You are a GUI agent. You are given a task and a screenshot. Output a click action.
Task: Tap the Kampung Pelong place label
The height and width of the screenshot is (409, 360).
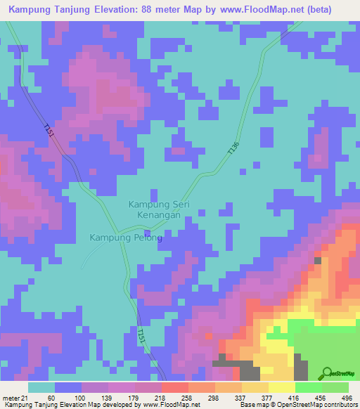point(126,238)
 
